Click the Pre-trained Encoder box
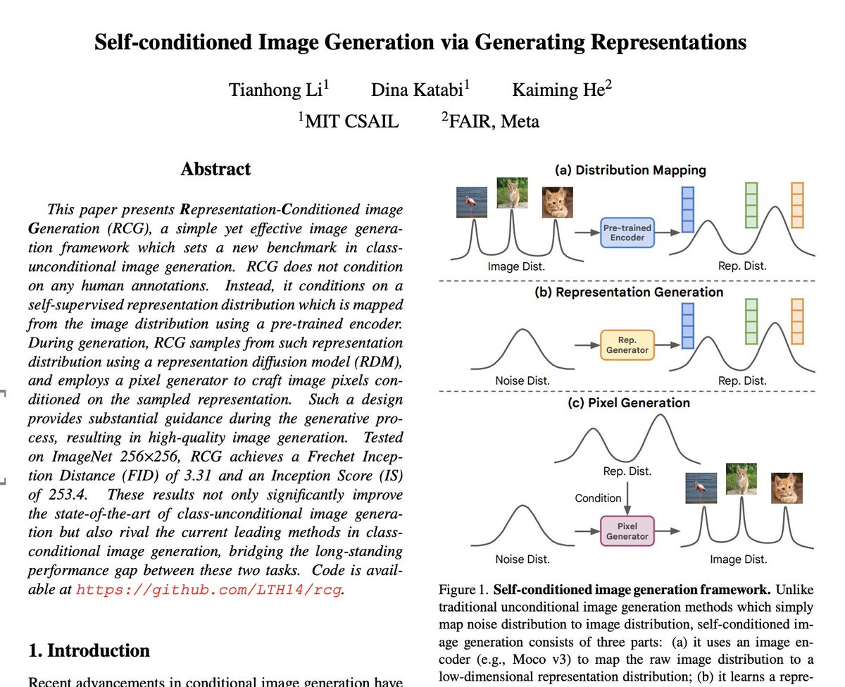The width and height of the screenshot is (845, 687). pyautogui.click(x=627, y=233)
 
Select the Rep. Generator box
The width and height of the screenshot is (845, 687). pyautogui.click(x=627, y=345)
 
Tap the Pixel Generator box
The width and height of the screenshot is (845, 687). pyautogui.click(x=627, y=531)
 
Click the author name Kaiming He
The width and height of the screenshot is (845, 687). pyautogui.click(x=562, y=90)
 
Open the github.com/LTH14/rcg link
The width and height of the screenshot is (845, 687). pyautogui.click(x=209, y=589)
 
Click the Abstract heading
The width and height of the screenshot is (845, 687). pyautogui.click(x=215, y=169)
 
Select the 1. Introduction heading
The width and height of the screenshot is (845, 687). pyautogui.click(x=89, y=650)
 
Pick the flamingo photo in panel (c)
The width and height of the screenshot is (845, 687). pyautogui.click(x=701, y=488)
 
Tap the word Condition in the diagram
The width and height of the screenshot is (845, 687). pyautogui.click(x=598, y=497)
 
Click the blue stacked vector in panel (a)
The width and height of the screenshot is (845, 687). pyautogui.click(x=688, y=209)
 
